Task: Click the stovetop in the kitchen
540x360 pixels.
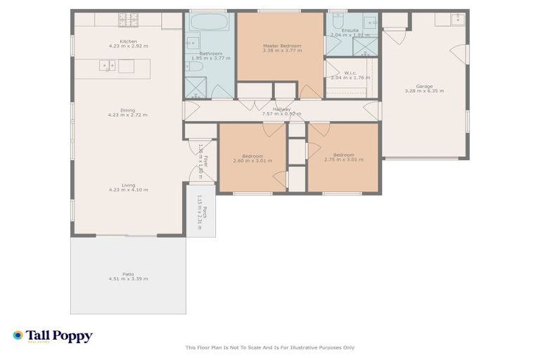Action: coord(127,16)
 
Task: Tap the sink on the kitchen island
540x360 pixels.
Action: coord(108,66)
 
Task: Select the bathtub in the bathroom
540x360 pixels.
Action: coord(210,22)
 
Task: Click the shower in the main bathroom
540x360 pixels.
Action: coord(193,89)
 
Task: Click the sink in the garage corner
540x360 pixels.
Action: coord(458,18)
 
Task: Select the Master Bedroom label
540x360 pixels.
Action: coord(281,46)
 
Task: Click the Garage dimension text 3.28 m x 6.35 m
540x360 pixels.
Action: coord(424,91)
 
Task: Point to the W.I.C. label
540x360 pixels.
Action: coord(349,72)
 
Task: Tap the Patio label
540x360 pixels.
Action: coord(128,274)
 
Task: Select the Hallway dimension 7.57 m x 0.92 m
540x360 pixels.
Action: coord(281,114)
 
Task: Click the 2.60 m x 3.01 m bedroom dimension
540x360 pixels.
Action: coord(252,160)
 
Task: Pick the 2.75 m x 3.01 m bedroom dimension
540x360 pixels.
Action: coord(344,160)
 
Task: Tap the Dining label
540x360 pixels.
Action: coord(127,110)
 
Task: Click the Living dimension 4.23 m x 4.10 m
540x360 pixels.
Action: coord(128,190)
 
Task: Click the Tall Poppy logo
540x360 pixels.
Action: coord(52,336)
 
